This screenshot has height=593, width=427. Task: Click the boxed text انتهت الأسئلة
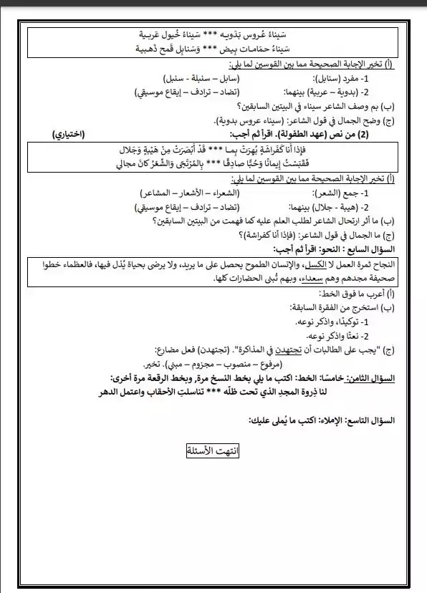[213, 450]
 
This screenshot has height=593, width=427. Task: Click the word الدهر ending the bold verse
[108, 391]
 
